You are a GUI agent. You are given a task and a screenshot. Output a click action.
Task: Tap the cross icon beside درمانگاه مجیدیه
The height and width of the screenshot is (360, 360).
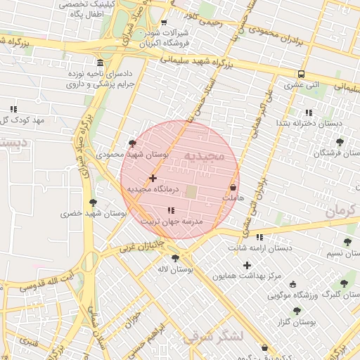153,179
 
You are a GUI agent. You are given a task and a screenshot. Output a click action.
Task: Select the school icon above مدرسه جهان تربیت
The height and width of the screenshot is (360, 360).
170,210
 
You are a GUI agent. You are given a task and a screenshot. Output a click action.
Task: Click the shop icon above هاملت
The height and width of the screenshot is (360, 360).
233,188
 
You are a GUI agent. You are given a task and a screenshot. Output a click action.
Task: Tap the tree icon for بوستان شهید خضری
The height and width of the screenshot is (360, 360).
92,202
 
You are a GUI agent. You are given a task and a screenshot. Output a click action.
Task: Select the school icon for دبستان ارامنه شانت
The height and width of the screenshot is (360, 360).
259,237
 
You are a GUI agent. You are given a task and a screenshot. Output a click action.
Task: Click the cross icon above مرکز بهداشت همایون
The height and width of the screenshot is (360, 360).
246,265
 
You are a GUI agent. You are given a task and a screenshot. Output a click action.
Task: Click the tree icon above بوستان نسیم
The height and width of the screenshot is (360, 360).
347,242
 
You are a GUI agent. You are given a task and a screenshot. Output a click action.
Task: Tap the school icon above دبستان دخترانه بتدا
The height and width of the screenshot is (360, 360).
308,112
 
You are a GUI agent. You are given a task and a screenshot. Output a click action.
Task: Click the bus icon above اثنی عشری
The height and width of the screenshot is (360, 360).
301,74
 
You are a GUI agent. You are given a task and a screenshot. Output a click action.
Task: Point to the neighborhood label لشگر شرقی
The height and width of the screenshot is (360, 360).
212,336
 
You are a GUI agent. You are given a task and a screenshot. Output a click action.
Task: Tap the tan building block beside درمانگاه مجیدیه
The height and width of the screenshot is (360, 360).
191,191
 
